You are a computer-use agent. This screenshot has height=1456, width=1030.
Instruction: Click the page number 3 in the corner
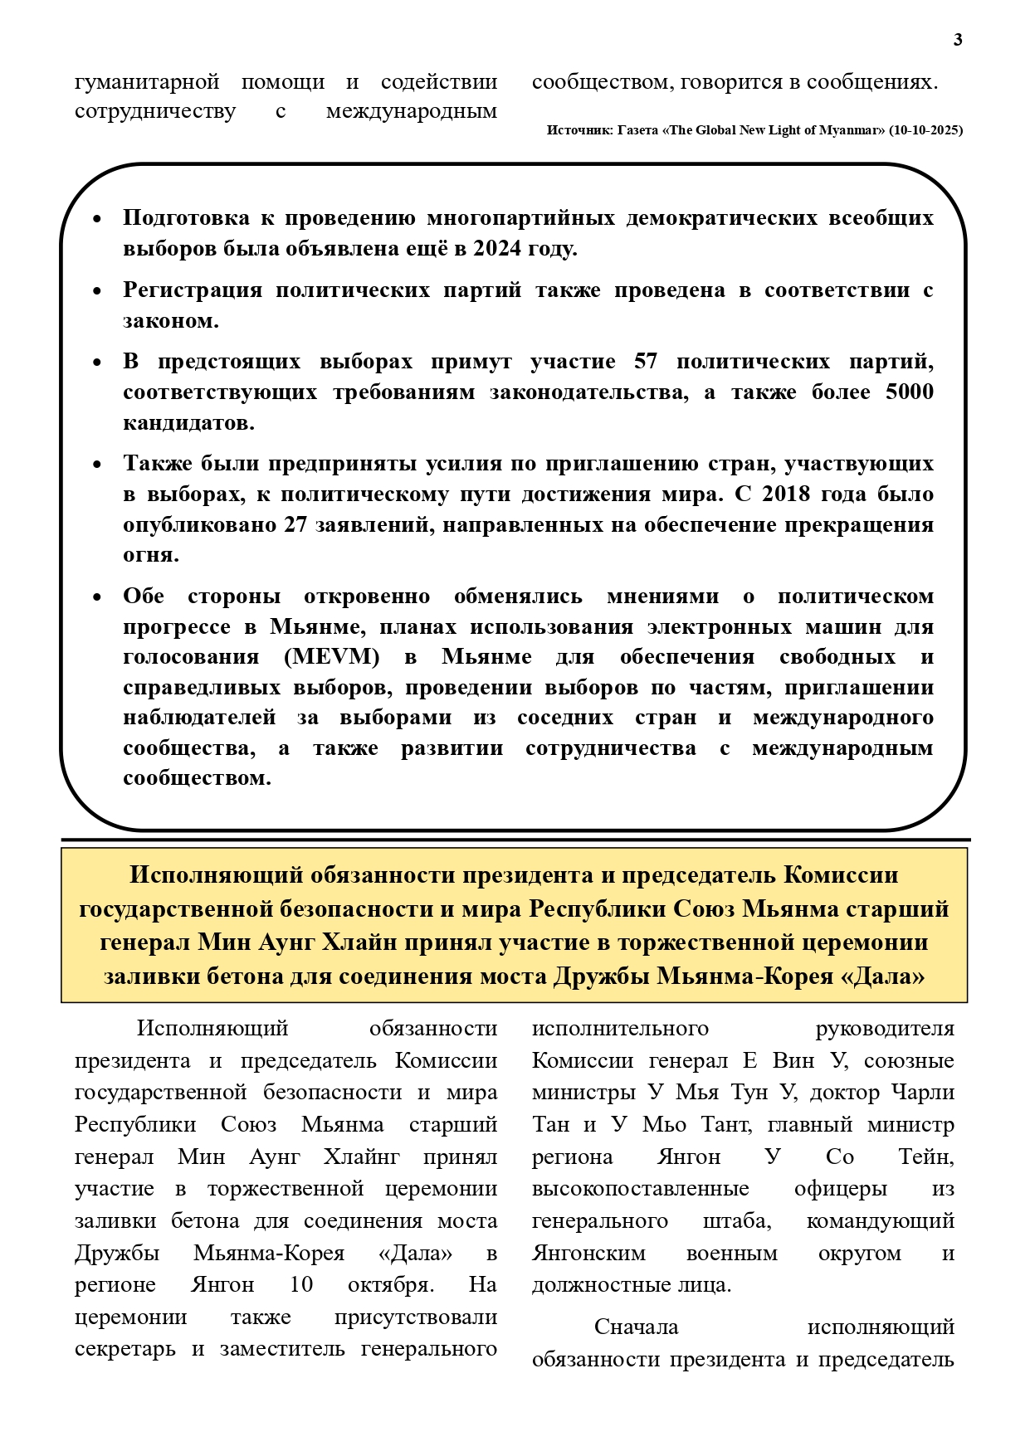click(958, 40)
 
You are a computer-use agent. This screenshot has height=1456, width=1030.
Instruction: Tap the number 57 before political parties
click(645, 362)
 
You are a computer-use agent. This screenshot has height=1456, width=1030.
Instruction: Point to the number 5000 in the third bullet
click(909, 392)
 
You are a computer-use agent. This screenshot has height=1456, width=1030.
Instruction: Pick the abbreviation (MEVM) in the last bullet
click(331, 657)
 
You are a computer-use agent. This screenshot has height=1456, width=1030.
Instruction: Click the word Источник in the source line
click(579, 130)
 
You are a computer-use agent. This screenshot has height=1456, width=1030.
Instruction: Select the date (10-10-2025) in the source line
click(925, 130)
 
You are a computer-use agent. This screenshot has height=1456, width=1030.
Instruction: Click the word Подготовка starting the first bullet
click(186, 218)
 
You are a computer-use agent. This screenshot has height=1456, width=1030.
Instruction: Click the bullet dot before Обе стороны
click(97, 597)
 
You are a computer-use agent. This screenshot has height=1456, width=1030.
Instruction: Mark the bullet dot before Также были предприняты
click(97, 465)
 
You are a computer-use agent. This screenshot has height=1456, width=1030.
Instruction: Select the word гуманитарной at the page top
click(147, 82)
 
